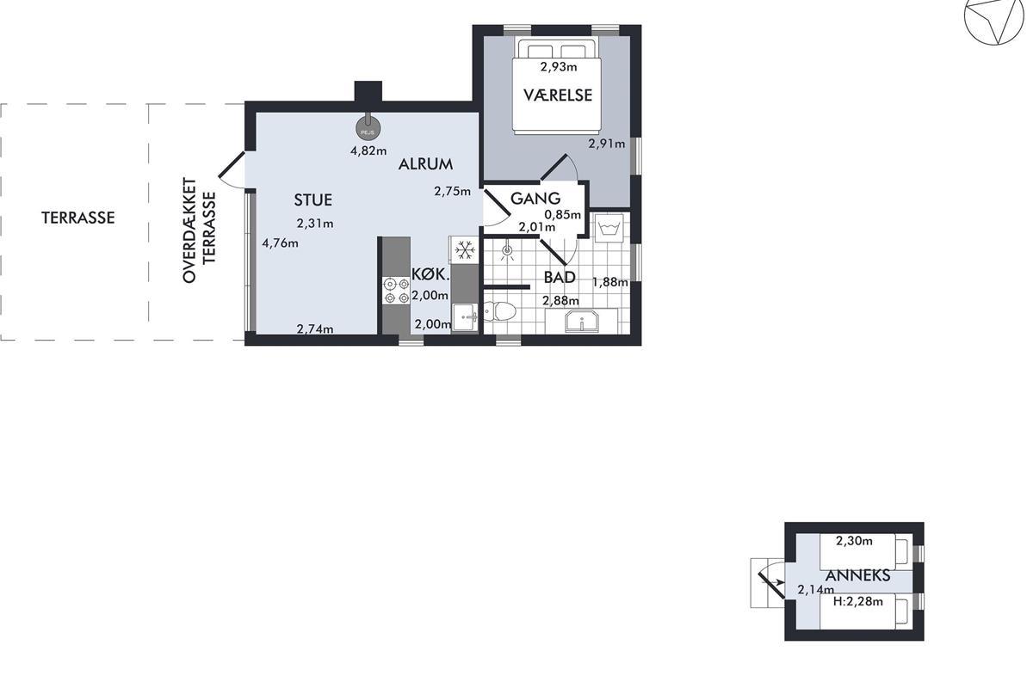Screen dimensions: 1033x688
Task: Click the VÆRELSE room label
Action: click(558, 95)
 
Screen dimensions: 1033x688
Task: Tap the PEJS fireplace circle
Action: click(368, 128)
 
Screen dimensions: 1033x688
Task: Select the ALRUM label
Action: click(425, 164)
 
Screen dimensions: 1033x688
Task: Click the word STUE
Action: click(313, 200)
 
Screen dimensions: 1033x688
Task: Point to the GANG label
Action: click(535, 199)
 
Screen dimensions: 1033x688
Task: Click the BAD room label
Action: click(560, 277)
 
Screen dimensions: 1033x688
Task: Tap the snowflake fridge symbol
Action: click(464, 250)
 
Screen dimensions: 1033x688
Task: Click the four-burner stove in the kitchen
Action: click(396, 291)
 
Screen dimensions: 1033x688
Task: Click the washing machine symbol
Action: click(609, 227)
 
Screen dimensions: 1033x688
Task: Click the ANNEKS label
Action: click(857, 575)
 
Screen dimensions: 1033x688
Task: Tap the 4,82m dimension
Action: click(368, 150)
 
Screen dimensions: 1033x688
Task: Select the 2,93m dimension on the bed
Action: click(559, 67)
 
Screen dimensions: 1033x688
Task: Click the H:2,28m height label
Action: click(857, 601)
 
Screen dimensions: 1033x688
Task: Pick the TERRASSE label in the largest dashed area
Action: click(78, 218)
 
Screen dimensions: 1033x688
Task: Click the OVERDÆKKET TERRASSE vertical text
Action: click(199, 230)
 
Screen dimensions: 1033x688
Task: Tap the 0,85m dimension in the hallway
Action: click(563, 215)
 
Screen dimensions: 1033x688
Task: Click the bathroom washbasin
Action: click(582, 321)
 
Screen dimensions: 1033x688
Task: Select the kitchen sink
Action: click(465, 317)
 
